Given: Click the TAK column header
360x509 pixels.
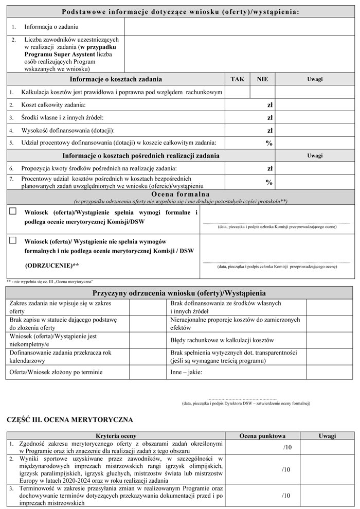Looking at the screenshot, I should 238,79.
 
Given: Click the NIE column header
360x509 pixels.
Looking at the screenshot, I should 263,79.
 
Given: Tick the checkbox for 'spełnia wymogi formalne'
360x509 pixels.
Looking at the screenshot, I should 13,211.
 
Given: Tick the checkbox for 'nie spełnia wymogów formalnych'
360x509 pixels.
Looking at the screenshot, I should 13,240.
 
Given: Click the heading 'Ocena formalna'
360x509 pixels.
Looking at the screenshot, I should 180,194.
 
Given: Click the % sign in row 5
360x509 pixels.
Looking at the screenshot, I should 268,143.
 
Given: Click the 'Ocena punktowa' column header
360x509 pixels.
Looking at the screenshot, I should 263,435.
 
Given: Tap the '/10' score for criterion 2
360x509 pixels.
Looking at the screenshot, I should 287,469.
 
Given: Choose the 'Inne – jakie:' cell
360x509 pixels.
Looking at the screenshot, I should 186,372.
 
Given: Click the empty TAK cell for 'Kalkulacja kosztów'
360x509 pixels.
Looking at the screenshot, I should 238,92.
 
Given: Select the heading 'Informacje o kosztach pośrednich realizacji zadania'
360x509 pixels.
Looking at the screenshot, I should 141,155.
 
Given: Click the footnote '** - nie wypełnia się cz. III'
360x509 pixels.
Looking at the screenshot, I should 49,282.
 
